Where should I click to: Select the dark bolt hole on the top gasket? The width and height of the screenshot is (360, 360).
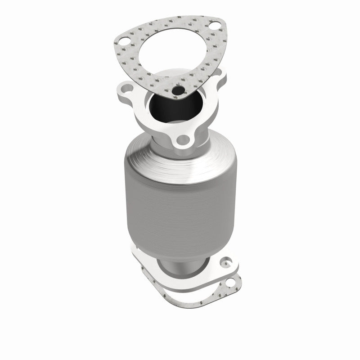pyautogui.click(x=180, y=91)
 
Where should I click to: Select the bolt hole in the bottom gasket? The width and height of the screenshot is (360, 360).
pyautogui.click(x=232, y=283)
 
